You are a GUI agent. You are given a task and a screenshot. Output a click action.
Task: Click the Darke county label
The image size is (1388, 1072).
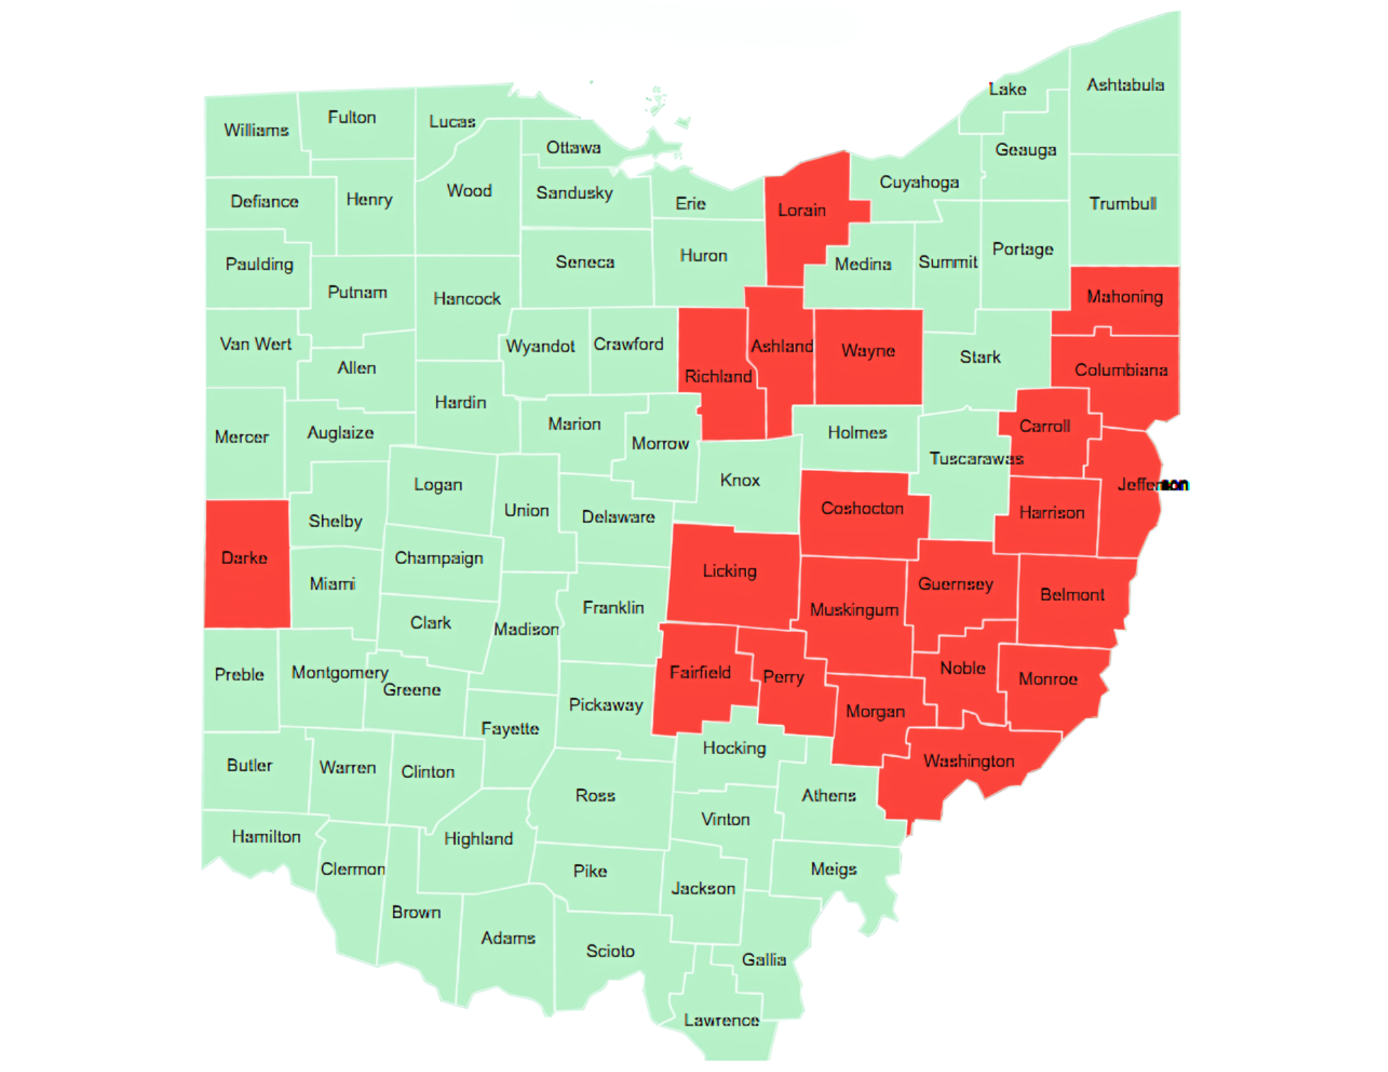(x=244, y=558)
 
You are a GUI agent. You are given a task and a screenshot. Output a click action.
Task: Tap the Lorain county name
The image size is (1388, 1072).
(x=802, y=210)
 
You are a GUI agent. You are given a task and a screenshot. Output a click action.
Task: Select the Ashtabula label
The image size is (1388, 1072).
(x=1125, y=85)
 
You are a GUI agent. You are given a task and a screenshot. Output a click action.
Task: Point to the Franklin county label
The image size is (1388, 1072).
(x=613, y=608)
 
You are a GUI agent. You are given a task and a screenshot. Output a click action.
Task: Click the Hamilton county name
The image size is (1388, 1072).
(x=266, y=837)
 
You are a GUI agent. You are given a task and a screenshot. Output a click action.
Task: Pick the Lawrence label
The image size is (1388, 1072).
(x=721, y=1020)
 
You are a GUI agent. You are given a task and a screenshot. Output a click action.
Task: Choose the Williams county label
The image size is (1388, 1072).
(x=256, y=130)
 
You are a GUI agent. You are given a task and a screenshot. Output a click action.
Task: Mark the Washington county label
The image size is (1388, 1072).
(x=969, y=761)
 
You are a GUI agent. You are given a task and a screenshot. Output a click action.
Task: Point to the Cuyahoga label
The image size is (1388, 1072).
(x=919, y=182)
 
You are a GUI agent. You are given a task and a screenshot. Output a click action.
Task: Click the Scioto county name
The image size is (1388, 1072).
(x=610, y=951)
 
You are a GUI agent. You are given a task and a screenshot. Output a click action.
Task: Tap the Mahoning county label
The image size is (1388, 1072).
(x=1124, y=297)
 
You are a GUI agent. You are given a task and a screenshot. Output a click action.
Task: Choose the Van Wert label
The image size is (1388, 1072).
(x=255, y=344)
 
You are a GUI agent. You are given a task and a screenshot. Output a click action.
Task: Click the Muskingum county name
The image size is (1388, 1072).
(x=854, y=610)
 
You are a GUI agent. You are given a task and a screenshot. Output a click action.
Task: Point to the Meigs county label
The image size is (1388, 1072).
(x=833, y=869)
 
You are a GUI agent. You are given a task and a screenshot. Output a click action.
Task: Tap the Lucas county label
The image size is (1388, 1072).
(x=452, y=121)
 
